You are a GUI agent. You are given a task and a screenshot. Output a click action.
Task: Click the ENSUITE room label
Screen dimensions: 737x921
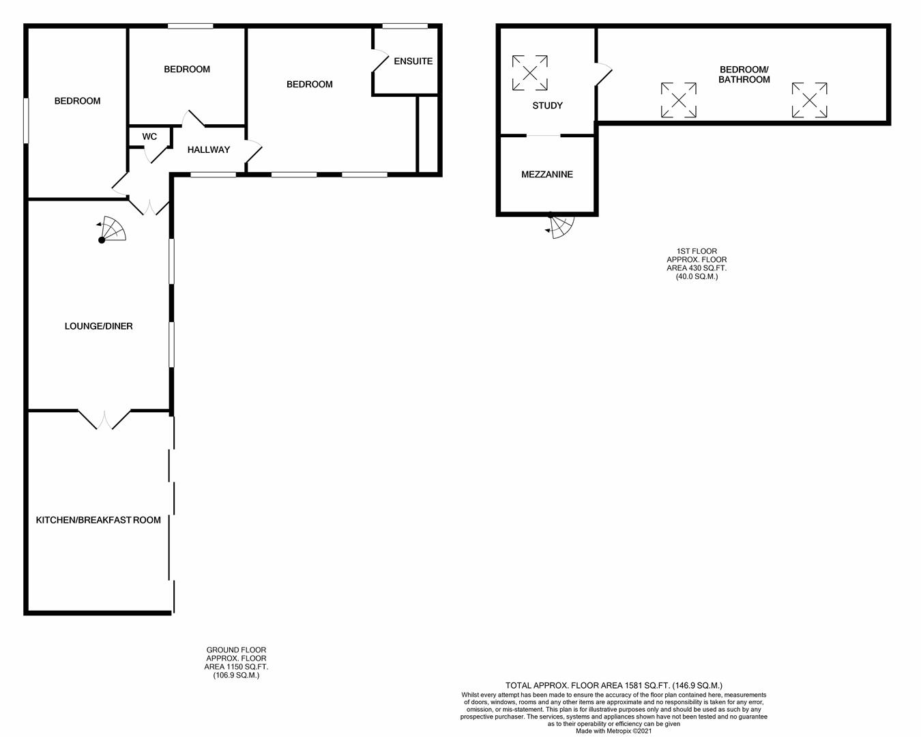(x=413, y=61)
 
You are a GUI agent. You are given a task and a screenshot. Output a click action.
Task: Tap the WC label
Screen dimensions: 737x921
(x=149, y=136)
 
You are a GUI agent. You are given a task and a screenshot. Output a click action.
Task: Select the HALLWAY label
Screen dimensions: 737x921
(x=208, y=149)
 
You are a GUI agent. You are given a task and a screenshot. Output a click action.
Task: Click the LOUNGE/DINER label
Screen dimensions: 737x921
(x=98, y=326)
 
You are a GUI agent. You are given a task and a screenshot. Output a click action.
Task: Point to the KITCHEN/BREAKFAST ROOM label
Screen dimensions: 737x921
(x=98, y=520)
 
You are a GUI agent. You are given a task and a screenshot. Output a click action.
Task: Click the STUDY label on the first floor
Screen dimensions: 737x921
(x=547, y=106)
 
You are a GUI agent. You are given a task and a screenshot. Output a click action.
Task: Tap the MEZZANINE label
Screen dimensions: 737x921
(x=546, y=175)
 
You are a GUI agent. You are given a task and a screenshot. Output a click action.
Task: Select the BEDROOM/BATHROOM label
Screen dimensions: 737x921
(x=744, y=74)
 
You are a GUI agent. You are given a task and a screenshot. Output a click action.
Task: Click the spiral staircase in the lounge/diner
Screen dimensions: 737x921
(x=112, y=231)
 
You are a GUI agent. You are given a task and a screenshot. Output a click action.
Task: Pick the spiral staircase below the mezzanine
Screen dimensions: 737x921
(x=561, y=227)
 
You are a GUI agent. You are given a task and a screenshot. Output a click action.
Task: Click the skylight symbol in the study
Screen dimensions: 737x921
(x=530, y=73)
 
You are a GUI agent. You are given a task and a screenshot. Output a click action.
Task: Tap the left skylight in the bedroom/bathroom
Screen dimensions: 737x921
(x=678, y=100)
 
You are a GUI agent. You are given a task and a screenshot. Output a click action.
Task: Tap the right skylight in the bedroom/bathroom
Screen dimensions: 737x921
(x=809, y=100)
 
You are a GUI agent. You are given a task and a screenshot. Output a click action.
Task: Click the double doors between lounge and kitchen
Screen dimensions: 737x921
(x=104, y=419)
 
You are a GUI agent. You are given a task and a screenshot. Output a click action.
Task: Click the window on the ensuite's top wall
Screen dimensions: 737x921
(x=405, y=27)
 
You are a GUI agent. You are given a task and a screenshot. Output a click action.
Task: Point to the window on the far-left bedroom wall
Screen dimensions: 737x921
(x=26, y=121)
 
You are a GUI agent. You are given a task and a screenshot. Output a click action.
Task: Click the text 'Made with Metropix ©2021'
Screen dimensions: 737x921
(x=613, y=731)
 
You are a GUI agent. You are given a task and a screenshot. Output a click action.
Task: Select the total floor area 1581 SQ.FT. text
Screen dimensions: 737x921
(x=613, y=685)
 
